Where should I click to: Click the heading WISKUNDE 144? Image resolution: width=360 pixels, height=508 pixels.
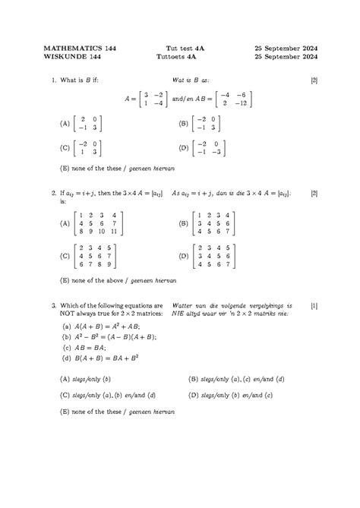coord(71,57)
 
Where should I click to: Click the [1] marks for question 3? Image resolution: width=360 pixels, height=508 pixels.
coord(314,305)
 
